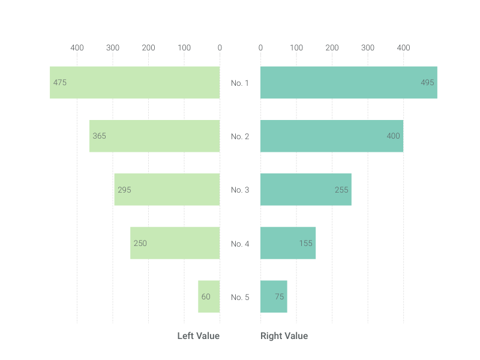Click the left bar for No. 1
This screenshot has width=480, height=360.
click(x=135, y=82)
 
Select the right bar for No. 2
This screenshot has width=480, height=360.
click(x=331, y=136)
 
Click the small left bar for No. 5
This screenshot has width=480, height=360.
click(x=209, y=296)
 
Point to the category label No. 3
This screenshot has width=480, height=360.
click(x=240, y=190)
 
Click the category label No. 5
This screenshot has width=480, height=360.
click(x=240, y=297)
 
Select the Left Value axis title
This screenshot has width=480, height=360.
click(x=198, y=336)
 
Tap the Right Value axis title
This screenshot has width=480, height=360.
click(x=284, y=336)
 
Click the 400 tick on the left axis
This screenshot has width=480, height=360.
click(x=77, y=48)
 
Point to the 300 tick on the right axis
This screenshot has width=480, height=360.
click(x=368, y=48)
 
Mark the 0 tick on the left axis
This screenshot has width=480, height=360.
click(x=220, y=48)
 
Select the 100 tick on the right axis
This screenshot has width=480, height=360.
click(x=296, y=48)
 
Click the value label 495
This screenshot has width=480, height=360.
click(x=427, y=83)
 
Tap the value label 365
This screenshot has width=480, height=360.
click(x=100, y=136)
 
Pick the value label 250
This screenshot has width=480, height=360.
click(x=140, y=244)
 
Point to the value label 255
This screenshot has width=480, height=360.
click(x=341, y=190)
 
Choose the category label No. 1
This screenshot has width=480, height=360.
click(x=240, y=83)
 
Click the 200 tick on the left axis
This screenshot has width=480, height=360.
click(x=148, y=48)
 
